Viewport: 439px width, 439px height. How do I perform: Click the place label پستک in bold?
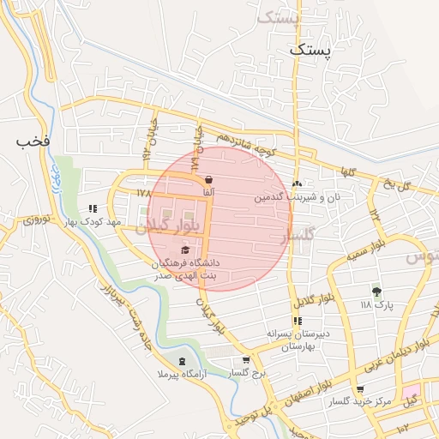pos(309,51)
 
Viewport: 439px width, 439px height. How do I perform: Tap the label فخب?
pos(34,140)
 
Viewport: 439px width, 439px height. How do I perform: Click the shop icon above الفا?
pos(208,179)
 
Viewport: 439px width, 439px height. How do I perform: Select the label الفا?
pos(208,194)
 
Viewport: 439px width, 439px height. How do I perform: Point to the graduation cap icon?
pos(185,249)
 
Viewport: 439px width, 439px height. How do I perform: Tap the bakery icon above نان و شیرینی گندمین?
pos(297,183)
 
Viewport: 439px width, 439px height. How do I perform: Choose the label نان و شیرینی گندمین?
pos(296,198)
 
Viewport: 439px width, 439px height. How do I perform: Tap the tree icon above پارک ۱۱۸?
pos(376,292)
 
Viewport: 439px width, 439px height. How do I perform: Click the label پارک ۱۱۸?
pos(376,305)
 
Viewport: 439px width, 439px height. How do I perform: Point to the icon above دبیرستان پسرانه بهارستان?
pos(298,322)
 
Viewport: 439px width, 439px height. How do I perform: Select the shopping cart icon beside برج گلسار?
pos(247,361)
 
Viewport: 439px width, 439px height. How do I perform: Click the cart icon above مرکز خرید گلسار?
pos(358,388)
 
